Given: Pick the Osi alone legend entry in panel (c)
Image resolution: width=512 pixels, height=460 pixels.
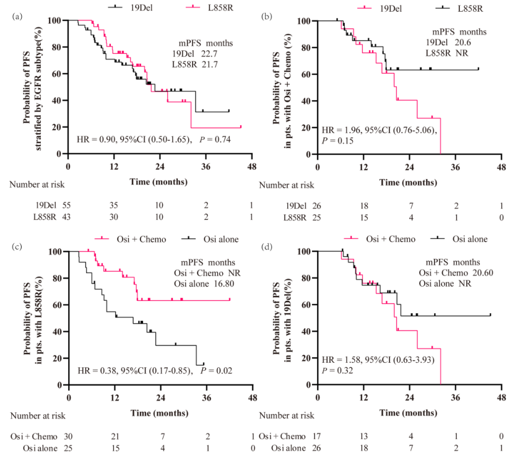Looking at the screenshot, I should point(215,239).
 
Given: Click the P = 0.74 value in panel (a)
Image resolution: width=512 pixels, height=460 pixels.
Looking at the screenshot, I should point(216,140).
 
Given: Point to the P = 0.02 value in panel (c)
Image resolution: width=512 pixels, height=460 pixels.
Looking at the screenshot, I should point(218,371).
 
